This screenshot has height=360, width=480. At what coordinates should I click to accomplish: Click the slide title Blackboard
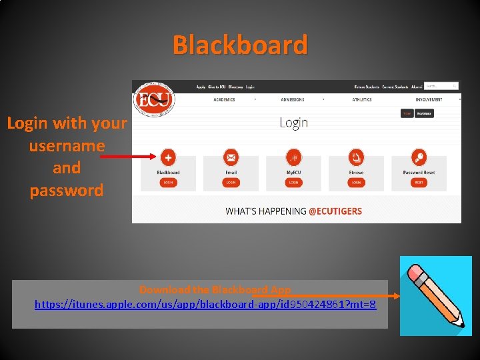[240, 45]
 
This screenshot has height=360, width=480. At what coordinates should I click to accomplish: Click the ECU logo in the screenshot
[154, 100]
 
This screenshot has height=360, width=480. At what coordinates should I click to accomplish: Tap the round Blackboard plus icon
[168, 157]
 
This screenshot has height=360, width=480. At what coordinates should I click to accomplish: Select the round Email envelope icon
[231, 157]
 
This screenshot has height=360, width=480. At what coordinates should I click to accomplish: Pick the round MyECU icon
[293, 157]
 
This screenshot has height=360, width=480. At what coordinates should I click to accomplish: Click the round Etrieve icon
[356, 157]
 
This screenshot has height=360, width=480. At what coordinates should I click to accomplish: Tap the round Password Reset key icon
[419, 157]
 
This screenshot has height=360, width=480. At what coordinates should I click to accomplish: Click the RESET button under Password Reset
[419, 182]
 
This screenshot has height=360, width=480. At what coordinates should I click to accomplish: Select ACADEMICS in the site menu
[224, 100]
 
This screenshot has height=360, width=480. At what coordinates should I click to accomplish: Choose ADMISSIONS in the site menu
[292, 100]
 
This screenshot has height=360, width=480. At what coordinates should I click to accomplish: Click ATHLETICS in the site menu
[362, 100]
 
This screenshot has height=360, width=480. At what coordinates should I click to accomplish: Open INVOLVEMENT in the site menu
[429, 100]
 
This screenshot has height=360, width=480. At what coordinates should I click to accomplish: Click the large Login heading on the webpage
[293, 122]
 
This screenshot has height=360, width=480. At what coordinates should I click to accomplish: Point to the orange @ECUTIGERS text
[335, 211]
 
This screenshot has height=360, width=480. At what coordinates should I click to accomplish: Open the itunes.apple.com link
[205, 305]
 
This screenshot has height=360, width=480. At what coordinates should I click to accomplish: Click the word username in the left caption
[67, 145]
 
